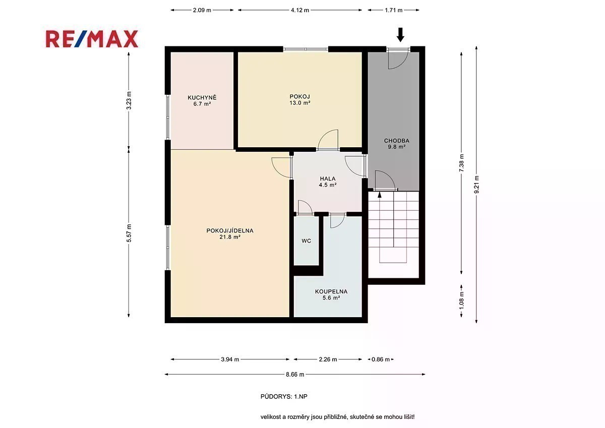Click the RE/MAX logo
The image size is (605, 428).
pyautogui.click(x=92, y=39)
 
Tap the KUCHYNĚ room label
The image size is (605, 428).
pyautogui.click(x=202, y=97)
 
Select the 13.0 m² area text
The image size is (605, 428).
pyautogui.click(x=299, y=103)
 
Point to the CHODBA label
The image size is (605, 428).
pyautogui.click(x=396, y=141)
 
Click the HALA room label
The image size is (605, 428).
pyautogui.click(x=328, y=178)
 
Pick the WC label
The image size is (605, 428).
pyautogui.click(x=307, y=241)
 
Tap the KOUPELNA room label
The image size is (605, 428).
pyautogui.click(x=331, y=291)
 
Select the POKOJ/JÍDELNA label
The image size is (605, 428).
pyautogui.click(x=230, y=230)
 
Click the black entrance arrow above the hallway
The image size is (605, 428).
pyautogui.click(x=400, y=35)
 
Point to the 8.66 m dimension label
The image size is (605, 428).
pyautogui.click(x=295, y=375)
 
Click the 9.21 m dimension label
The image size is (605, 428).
pyautogui.click(x=476, y=185)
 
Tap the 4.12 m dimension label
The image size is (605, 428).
pyautogui.click(x=300, y=10)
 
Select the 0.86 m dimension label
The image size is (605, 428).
pyautogui.click(x=381, y=359)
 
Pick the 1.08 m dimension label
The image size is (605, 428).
pyautogui.click(x=461, y=300)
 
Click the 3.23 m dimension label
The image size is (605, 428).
pyautogui.click(x=129, y=100)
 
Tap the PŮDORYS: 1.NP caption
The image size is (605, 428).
pyautogui.click(x=284, y=396)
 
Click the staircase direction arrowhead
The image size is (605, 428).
pyautogui.click(x=380, y=194)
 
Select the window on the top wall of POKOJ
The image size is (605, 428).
pyautogui.click(x=306, y=49)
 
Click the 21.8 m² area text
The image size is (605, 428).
pyautogui.click(x=230, y=237)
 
